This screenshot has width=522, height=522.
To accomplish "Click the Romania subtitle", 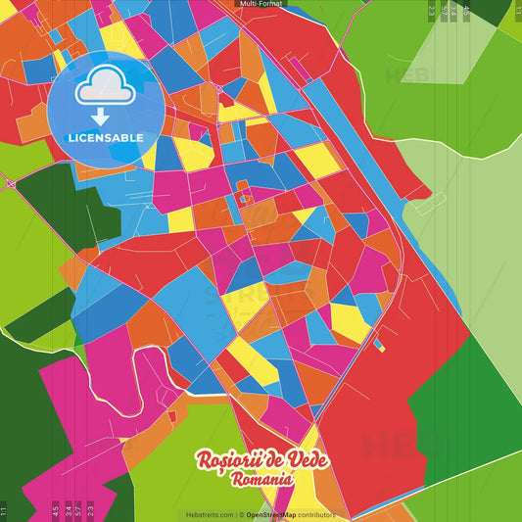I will [261, 481].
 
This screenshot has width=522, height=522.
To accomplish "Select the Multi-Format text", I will [261, 4].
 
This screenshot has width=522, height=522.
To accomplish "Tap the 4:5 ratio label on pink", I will [56, 508].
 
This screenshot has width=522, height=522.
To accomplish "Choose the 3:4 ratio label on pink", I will [68, 508].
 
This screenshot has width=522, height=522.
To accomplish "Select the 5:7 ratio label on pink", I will [78, 508].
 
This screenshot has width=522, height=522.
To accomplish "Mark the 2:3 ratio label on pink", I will [90, 508].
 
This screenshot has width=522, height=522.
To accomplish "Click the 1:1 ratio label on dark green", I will [4, 510].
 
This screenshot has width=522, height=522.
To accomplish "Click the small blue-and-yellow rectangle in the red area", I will [379, 345].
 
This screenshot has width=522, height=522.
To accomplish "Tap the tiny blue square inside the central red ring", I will [242, 200].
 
